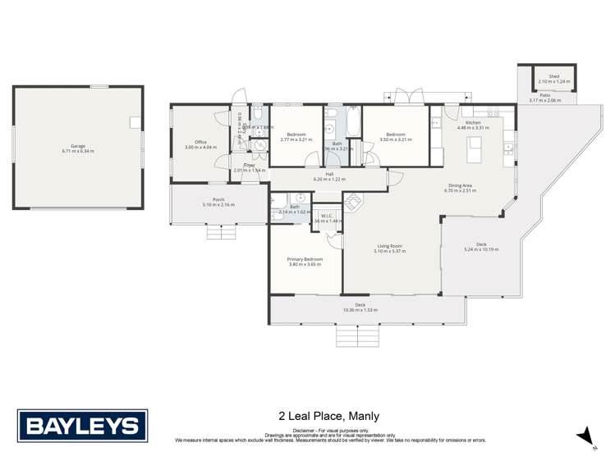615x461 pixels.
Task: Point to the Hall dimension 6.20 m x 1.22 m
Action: pos(329,179)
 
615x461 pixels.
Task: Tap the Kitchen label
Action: pos(473,122)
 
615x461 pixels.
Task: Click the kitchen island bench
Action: pos(474,149)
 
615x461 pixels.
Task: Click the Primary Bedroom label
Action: pos(305,259)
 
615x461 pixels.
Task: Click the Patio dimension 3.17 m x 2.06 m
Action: pos(544,100)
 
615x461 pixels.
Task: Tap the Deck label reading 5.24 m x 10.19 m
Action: pos(481,249)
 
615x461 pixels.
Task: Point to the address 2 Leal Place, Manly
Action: pos(329,416)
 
